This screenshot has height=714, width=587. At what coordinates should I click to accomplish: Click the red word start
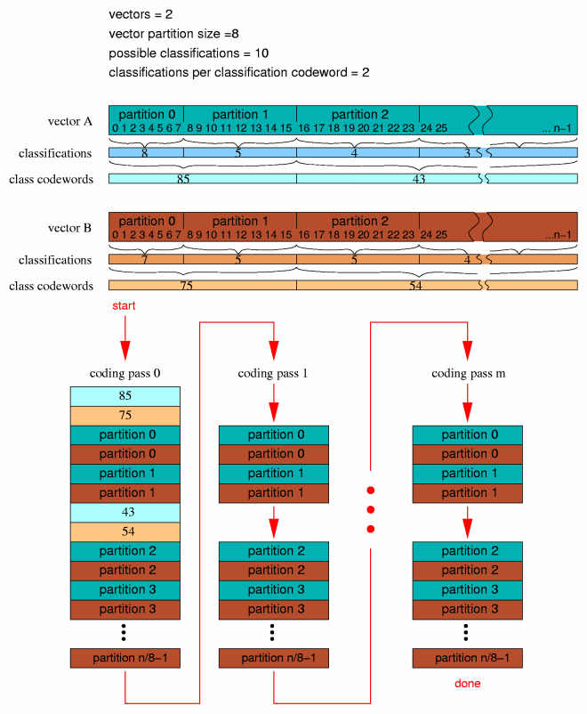tap(125, 306)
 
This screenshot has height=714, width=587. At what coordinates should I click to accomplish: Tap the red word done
tap(467, 684)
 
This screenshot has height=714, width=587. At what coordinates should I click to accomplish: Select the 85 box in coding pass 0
tap(125, 396)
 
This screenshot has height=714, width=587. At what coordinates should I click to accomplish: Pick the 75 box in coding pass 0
tap(125, 416)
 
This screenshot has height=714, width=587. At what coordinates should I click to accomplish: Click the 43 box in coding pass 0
tap(125, 513)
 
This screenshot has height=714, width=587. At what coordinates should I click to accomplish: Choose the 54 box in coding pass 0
tap(125, 532)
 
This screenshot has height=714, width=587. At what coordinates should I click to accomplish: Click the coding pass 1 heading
tap(273, 373)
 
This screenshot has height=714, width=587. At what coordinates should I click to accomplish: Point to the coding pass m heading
tap(468, 373)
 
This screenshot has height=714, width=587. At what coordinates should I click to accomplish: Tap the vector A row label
tap(70, 121)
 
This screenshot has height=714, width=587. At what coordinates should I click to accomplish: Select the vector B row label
tap(70, 228)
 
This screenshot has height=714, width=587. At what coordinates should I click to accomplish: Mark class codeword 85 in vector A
tap(182, 179)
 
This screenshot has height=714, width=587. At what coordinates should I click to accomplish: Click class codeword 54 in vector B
tap(415, 286)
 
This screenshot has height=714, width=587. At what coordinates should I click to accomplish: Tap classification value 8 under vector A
tap(145, 153)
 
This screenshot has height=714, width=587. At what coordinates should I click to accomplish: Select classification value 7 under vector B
tap(145, 260)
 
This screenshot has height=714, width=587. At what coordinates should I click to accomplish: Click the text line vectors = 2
tap(142, 14)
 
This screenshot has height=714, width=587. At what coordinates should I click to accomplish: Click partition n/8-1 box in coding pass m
tap(467, 659)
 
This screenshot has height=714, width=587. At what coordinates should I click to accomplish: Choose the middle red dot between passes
tap(371, 510)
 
